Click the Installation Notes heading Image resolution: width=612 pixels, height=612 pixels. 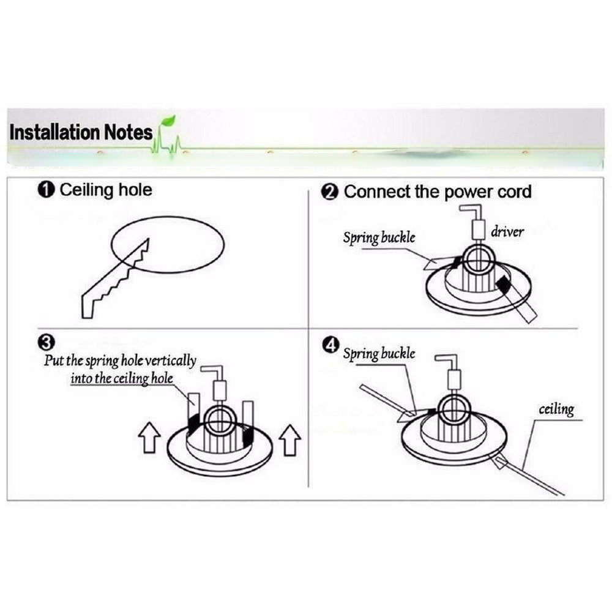[x=81, y=132]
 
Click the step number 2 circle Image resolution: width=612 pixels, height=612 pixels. [x=330, y=192]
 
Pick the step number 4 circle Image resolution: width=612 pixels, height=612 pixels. [x=330, y=346]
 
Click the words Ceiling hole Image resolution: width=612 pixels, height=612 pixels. [x=105, y=190]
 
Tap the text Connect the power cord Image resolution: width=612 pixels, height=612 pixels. [x=438, y=192]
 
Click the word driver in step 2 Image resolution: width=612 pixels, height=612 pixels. [x=507, y=232]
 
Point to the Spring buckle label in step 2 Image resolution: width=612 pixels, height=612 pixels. [x=378, y=237]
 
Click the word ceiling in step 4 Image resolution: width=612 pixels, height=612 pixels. [x=556, y=409]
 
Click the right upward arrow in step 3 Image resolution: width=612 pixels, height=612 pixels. [x=289, y=439]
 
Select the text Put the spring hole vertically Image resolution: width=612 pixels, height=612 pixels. [x=120, y=360]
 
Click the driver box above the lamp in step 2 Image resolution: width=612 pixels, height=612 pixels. [x=478, y=231]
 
